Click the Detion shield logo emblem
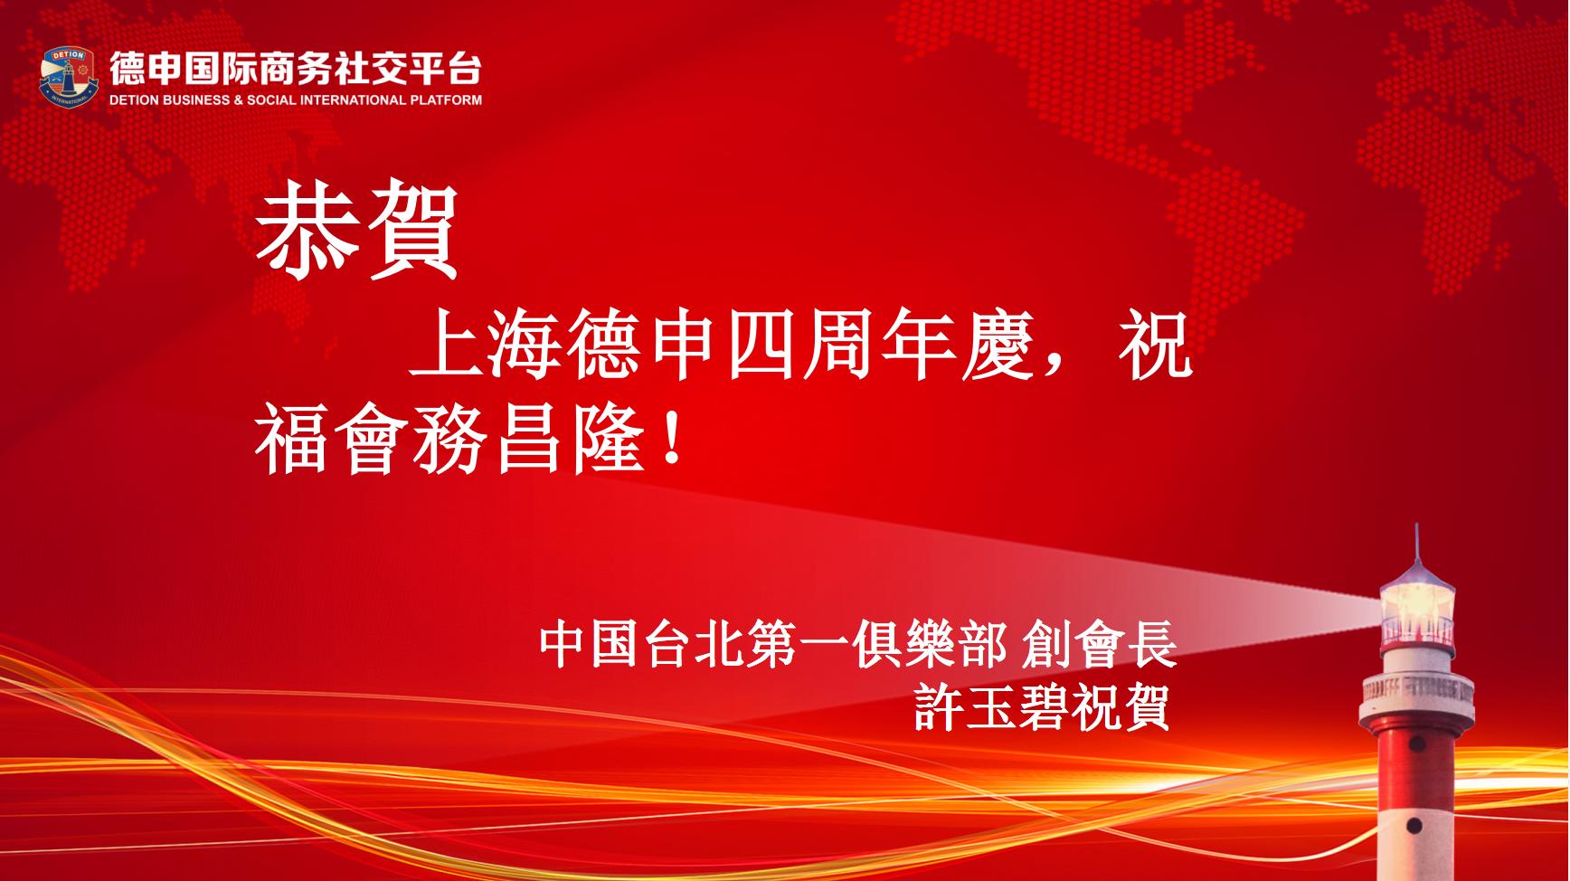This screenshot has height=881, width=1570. point(69,79)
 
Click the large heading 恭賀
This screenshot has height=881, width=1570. point(358,232)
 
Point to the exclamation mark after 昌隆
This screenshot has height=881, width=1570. point(670,436)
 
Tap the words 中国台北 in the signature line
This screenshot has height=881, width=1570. point(642,643)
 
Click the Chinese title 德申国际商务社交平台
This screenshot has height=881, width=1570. point(296,68)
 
